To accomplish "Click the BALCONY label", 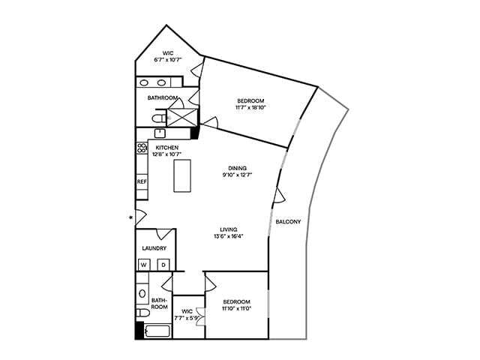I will click(x=288, y=222).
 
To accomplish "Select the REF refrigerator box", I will click(x=142, y=182).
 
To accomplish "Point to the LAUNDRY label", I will click(x=154, y=248).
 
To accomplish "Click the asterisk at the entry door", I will click(x=132, y=218).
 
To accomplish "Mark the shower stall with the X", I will click(x=180, y=118).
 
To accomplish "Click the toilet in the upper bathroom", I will click(x=157, y=118).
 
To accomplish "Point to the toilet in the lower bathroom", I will click(x=142, y=311).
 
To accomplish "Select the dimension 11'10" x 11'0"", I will click(x=235, y=308).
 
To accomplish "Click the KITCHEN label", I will click(x=167, y=148).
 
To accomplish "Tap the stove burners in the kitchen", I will click(x=140, y=149).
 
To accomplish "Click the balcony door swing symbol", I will click(x=280, y=196).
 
